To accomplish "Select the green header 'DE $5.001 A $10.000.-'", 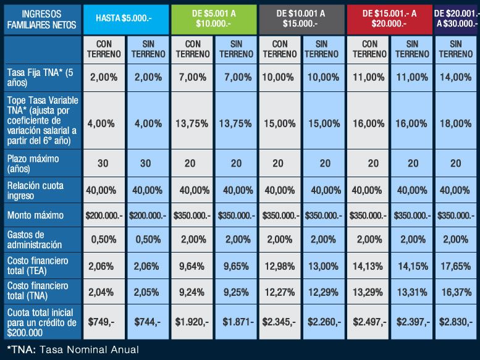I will (213, 19).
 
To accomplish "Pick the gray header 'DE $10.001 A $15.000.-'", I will (301, 19).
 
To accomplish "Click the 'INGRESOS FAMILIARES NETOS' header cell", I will (41, 19).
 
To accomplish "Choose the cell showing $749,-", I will (103, 321).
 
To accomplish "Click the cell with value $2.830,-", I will (456, 321).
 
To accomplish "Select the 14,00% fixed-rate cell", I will (456, 77).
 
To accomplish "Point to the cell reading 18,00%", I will (456, 123).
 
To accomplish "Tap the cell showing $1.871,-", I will (236, 321).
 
